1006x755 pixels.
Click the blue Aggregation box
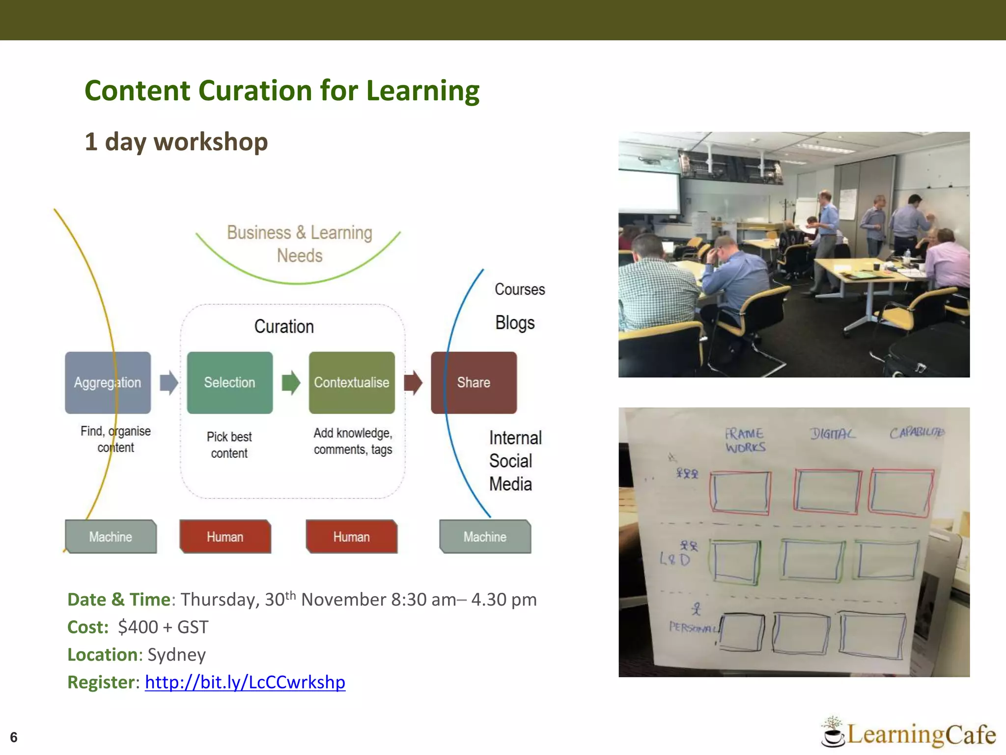[108, 382]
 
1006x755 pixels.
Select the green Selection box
[229, 382]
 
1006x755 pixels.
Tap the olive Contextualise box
[352, 382]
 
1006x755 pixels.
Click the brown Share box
[474, 382]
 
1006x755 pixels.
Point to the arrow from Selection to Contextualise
[291, 382]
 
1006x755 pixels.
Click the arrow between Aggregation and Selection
[169, 382]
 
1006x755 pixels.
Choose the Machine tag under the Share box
[485, 537]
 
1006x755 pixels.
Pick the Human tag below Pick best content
[225, 537]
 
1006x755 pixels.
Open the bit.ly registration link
[245, 682]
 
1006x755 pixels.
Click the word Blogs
[515, 323]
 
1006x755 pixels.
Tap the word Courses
[520, 290]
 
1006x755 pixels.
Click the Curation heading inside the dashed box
[284, 327]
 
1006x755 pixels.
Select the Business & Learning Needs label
[300, 244]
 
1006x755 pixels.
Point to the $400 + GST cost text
[163, 627]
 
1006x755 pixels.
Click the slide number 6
[14, 737]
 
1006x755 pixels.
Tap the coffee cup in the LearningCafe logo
[832, 736]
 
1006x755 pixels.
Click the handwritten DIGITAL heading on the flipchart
[832, 434]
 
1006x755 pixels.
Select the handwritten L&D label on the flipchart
[675, 559]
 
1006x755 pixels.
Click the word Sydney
[176, 655]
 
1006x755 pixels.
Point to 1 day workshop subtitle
[176, 142]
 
